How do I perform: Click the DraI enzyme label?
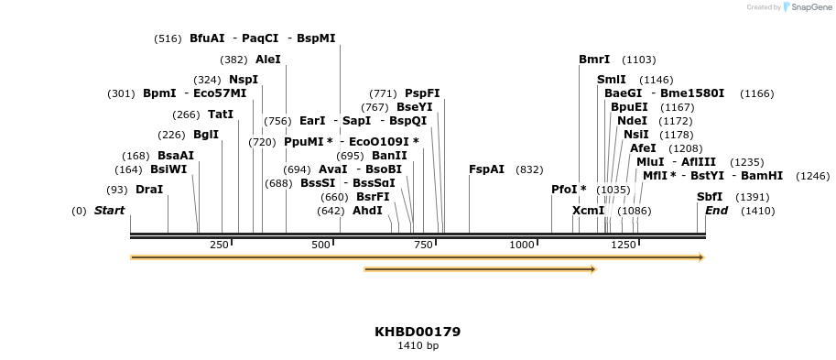(x=148, y=190)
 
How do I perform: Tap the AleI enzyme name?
(x=268, y=60)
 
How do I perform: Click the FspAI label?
(x=486, y=169)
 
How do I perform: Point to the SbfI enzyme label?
(x=710, y=197)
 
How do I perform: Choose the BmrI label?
(x=594, y=60)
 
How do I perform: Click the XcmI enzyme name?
(x=589, y=211)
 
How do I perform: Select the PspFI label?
(x=422, y=93)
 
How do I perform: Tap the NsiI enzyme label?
(x=635, y=135)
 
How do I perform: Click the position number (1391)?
(x=753, y=197)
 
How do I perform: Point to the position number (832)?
(x=529, y=169)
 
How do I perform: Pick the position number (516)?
(x=168, y=38)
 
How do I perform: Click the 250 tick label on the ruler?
(x=220, y=245)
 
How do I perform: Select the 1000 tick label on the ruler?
(x=522, y=245)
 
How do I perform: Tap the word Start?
(x=109, y=211)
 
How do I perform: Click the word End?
(x=716, y=211)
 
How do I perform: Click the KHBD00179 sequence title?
(x=418, y=332)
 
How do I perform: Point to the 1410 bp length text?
(x=418, y=346)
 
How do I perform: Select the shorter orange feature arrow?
(x=480, y=269)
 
